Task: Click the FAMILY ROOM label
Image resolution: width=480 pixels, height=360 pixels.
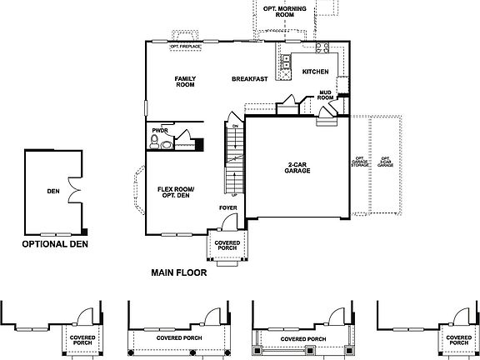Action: (184, 82)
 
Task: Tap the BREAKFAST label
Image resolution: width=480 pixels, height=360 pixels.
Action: (249, 78)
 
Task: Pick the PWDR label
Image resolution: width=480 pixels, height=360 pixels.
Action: (160, 131)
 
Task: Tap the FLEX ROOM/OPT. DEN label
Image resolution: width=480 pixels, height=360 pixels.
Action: (175, 192)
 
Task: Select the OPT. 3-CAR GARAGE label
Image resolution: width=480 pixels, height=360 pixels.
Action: (385, 162)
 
